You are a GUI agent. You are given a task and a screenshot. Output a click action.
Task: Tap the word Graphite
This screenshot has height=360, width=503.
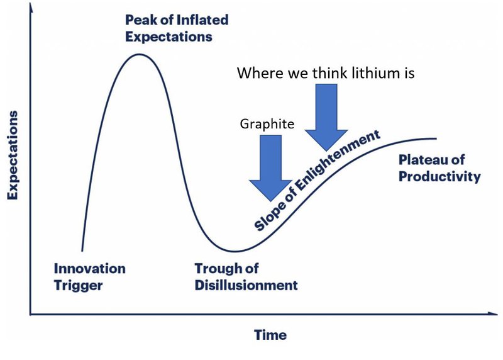tap(267, 124)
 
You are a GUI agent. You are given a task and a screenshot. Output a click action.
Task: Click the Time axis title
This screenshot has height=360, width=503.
tap(270, 335)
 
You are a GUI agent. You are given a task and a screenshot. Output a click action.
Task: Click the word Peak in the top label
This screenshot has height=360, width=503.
tap(139, 20)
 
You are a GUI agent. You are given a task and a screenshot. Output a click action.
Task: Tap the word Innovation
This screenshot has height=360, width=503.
tap(89, 269)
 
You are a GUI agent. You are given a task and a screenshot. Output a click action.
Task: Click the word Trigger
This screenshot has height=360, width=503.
tap(78, 285)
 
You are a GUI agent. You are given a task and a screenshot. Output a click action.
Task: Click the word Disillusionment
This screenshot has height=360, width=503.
tap(246, 285)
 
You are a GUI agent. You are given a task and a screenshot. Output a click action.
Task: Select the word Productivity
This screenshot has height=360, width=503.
tap(439, 176)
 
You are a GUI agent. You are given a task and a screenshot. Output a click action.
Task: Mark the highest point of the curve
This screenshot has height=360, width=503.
tap(140, 54)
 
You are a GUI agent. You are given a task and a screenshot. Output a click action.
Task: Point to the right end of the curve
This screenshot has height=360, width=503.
tap(436, 138)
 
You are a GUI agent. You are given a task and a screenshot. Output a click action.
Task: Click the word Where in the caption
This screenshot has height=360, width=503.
tap(258, 73)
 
